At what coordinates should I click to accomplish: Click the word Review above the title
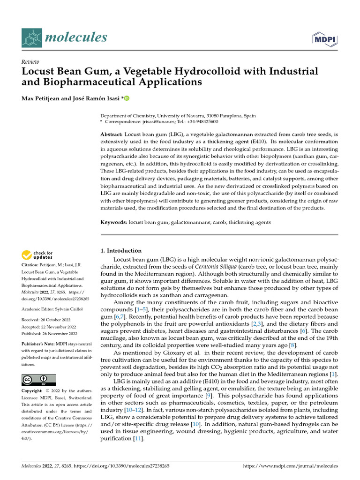tap(30, 62)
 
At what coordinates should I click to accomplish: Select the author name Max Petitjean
tap(44, 98)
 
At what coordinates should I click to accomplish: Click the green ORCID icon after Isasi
tap(126, 98)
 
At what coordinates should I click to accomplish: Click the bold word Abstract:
tap(112, 135)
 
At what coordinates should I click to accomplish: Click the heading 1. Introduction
tap(121, 250)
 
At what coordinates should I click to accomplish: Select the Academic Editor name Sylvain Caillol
tap(71, 309)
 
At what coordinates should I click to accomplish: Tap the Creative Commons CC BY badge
tap(39, 380)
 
